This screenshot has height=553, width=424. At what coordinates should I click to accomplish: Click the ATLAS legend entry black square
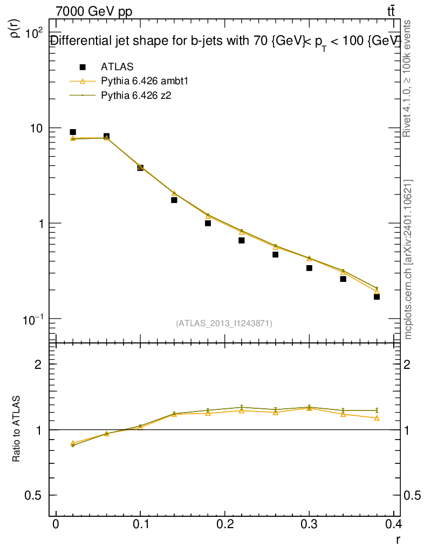(83, 67)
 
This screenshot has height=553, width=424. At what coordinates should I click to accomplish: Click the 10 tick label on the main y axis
(36, 128)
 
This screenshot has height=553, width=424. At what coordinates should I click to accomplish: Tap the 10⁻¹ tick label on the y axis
(34, 319)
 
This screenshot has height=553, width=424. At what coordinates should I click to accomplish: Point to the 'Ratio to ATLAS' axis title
(17, 429)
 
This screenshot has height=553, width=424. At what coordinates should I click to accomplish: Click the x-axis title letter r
(398, 539)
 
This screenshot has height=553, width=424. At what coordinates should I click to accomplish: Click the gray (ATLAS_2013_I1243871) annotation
(224, 323)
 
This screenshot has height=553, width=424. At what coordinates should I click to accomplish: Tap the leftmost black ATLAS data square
(73, 132)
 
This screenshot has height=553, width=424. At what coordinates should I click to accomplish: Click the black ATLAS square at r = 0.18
(208, 223)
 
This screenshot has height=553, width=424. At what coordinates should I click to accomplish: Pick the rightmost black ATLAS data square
(377, 296)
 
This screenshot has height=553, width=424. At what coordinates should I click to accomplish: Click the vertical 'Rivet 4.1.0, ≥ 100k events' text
(408, 78)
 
